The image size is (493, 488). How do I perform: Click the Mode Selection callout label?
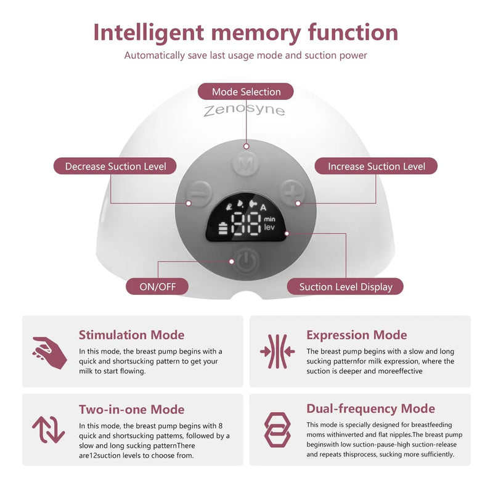coord(246,92)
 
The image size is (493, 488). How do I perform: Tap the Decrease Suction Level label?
coord(116,166)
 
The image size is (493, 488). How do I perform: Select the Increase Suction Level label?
coord(376,166)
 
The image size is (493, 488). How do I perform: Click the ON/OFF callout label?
coord(157,286)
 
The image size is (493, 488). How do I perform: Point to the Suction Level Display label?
coord(345,286)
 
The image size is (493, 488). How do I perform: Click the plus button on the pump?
coord(293,191)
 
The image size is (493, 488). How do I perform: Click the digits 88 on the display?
coord(245,226)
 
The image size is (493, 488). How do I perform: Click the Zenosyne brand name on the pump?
coord(245,110)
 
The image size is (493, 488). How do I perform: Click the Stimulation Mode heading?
coord(131,335)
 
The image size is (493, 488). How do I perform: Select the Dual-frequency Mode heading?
coord(370,408)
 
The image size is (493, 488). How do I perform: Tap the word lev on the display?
coord(269,227)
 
